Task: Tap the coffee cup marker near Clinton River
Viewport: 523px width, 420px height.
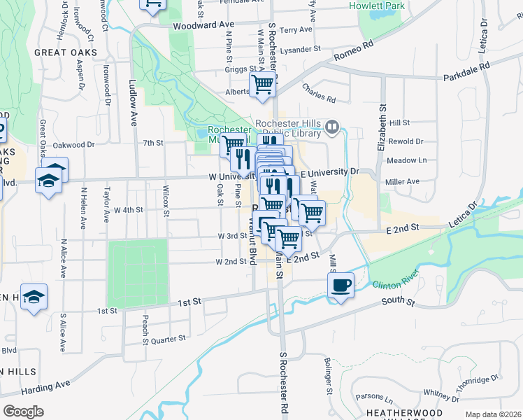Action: [x=341, y=286]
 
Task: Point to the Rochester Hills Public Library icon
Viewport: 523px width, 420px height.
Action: [x=332, y=127]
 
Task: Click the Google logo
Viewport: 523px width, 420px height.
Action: [x=23, y=412]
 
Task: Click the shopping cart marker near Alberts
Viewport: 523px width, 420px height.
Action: [x=264, y=85]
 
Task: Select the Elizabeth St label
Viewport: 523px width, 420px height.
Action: [x=382, y=127]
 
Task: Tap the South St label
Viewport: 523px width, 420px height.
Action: [x=398, y=302]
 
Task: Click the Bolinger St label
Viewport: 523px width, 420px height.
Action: [x=327, y=376]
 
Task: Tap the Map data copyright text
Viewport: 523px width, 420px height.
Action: [x=494, y=414]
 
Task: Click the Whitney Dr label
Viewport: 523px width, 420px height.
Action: [x=440, y=395]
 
